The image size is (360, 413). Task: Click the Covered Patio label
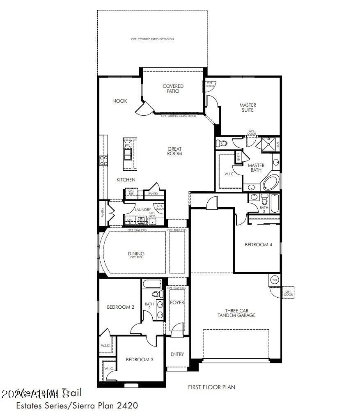click(x=173, y=89)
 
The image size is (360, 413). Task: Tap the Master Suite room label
click(x=247, y=108)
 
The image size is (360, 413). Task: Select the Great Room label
click(x=174, y=151)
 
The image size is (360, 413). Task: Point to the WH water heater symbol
click(x=274, y=280)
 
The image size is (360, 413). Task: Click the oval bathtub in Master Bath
click(x=270, y=183)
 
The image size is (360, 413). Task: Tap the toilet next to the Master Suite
click(x=222, y=143)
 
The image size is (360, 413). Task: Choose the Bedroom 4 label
click(x=259, y=245)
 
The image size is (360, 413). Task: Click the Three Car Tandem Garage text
click(x=240, y=313)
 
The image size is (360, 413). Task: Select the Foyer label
click(x=177, y=303)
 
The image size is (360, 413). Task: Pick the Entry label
click(x=177, y=354)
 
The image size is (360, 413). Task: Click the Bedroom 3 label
click(x=140, y=360)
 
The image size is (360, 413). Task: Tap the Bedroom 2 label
click(x=121, y=307)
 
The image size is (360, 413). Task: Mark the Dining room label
click(x=136, y=255)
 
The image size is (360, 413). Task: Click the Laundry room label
click(x=143, y=210)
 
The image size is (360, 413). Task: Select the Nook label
click(x=120, y=101)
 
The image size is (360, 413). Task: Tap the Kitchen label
click(x=126, y=180)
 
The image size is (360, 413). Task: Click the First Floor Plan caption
click(x=211, y=387)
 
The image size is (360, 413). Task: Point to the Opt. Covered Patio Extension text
click(x=153, y=39)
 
